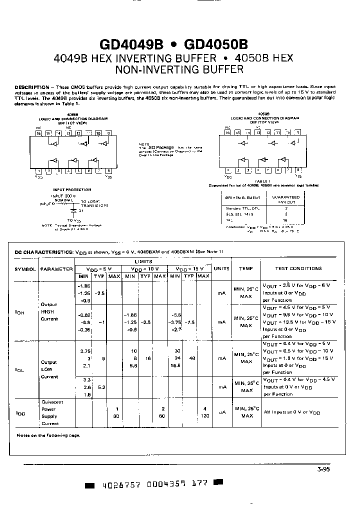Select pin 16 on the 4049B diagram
tap(39, 133)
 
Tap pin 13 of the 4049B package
tap(69, 133)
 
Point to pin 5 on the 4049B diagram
tap(79, 171)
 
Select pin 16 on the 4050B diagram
tap(227, 132)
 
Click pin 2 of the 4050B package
tap(237, 170)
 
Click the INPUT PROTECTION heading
tap(72, 190)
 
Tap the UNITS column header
tap(221, 269)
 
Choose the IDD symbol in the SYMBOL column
tap(20, 413)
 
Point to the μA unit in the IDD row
tap(221, 412)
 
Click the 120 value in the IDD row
tap(204, 416)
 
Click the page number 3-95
tap(323, 469)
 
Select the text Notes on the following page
tap(48, 435)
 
